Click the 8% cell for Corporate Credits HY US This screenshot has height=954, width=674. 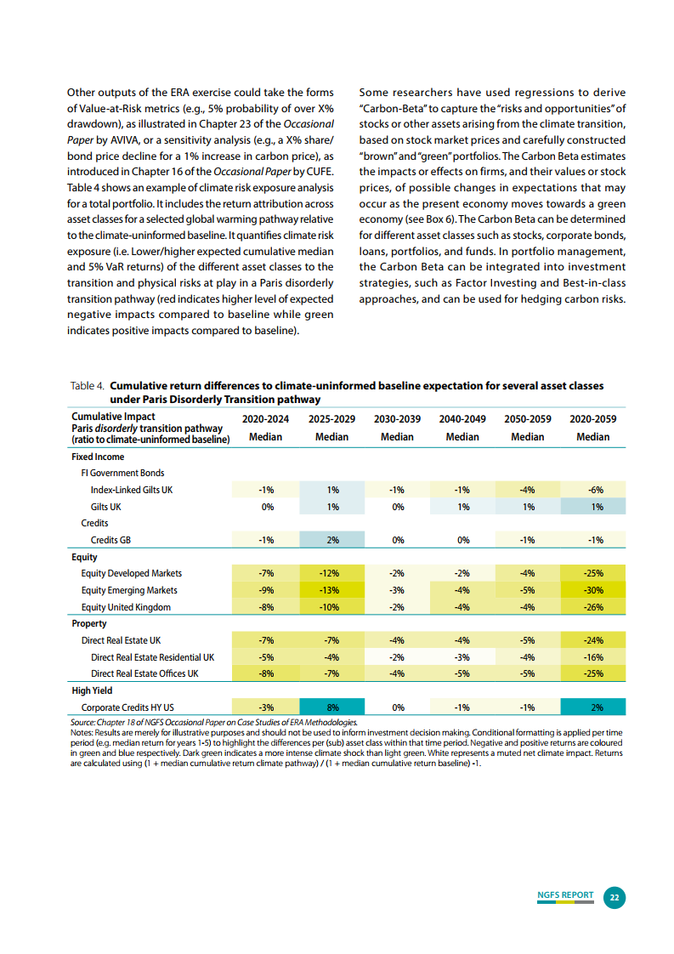[332, 707]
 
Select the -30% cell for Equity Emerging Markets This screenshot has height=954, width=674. [593, 590]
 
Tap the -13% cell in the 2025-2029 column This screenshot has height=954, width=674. [332, 590]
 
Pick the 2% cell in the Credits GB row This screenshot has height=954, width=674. [332, 540]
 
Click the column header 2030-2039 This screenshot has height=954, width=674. [397, 419]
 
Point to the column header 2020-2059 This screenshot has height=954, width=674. [593, 419]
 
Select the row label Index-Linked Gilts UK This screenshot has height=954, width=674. [132, 490]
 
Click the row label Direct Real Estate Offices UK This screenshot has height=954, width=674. [144, 673]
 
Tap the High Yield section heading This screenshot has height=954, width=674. [92, 690]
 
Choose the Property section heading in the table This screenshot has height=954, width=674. [89, 623]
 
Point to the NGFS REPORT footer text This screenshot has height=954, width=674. [565, 895]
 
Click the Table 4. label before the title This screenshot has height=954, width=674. [88, 386]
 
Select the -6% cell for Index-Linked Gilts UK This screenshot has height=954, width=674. [593, 490]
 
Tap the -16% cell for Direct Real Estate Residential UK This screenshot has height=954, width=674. [593, 657]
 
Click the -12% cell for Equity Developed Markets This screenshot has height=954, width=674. [332, 573]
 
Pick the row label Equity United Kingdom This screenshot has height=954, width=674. [126, 607]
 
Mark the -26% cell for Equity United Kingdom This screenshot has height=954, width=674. [593, 607]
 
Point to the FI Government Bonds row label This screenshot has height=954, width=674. [122, 473]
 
